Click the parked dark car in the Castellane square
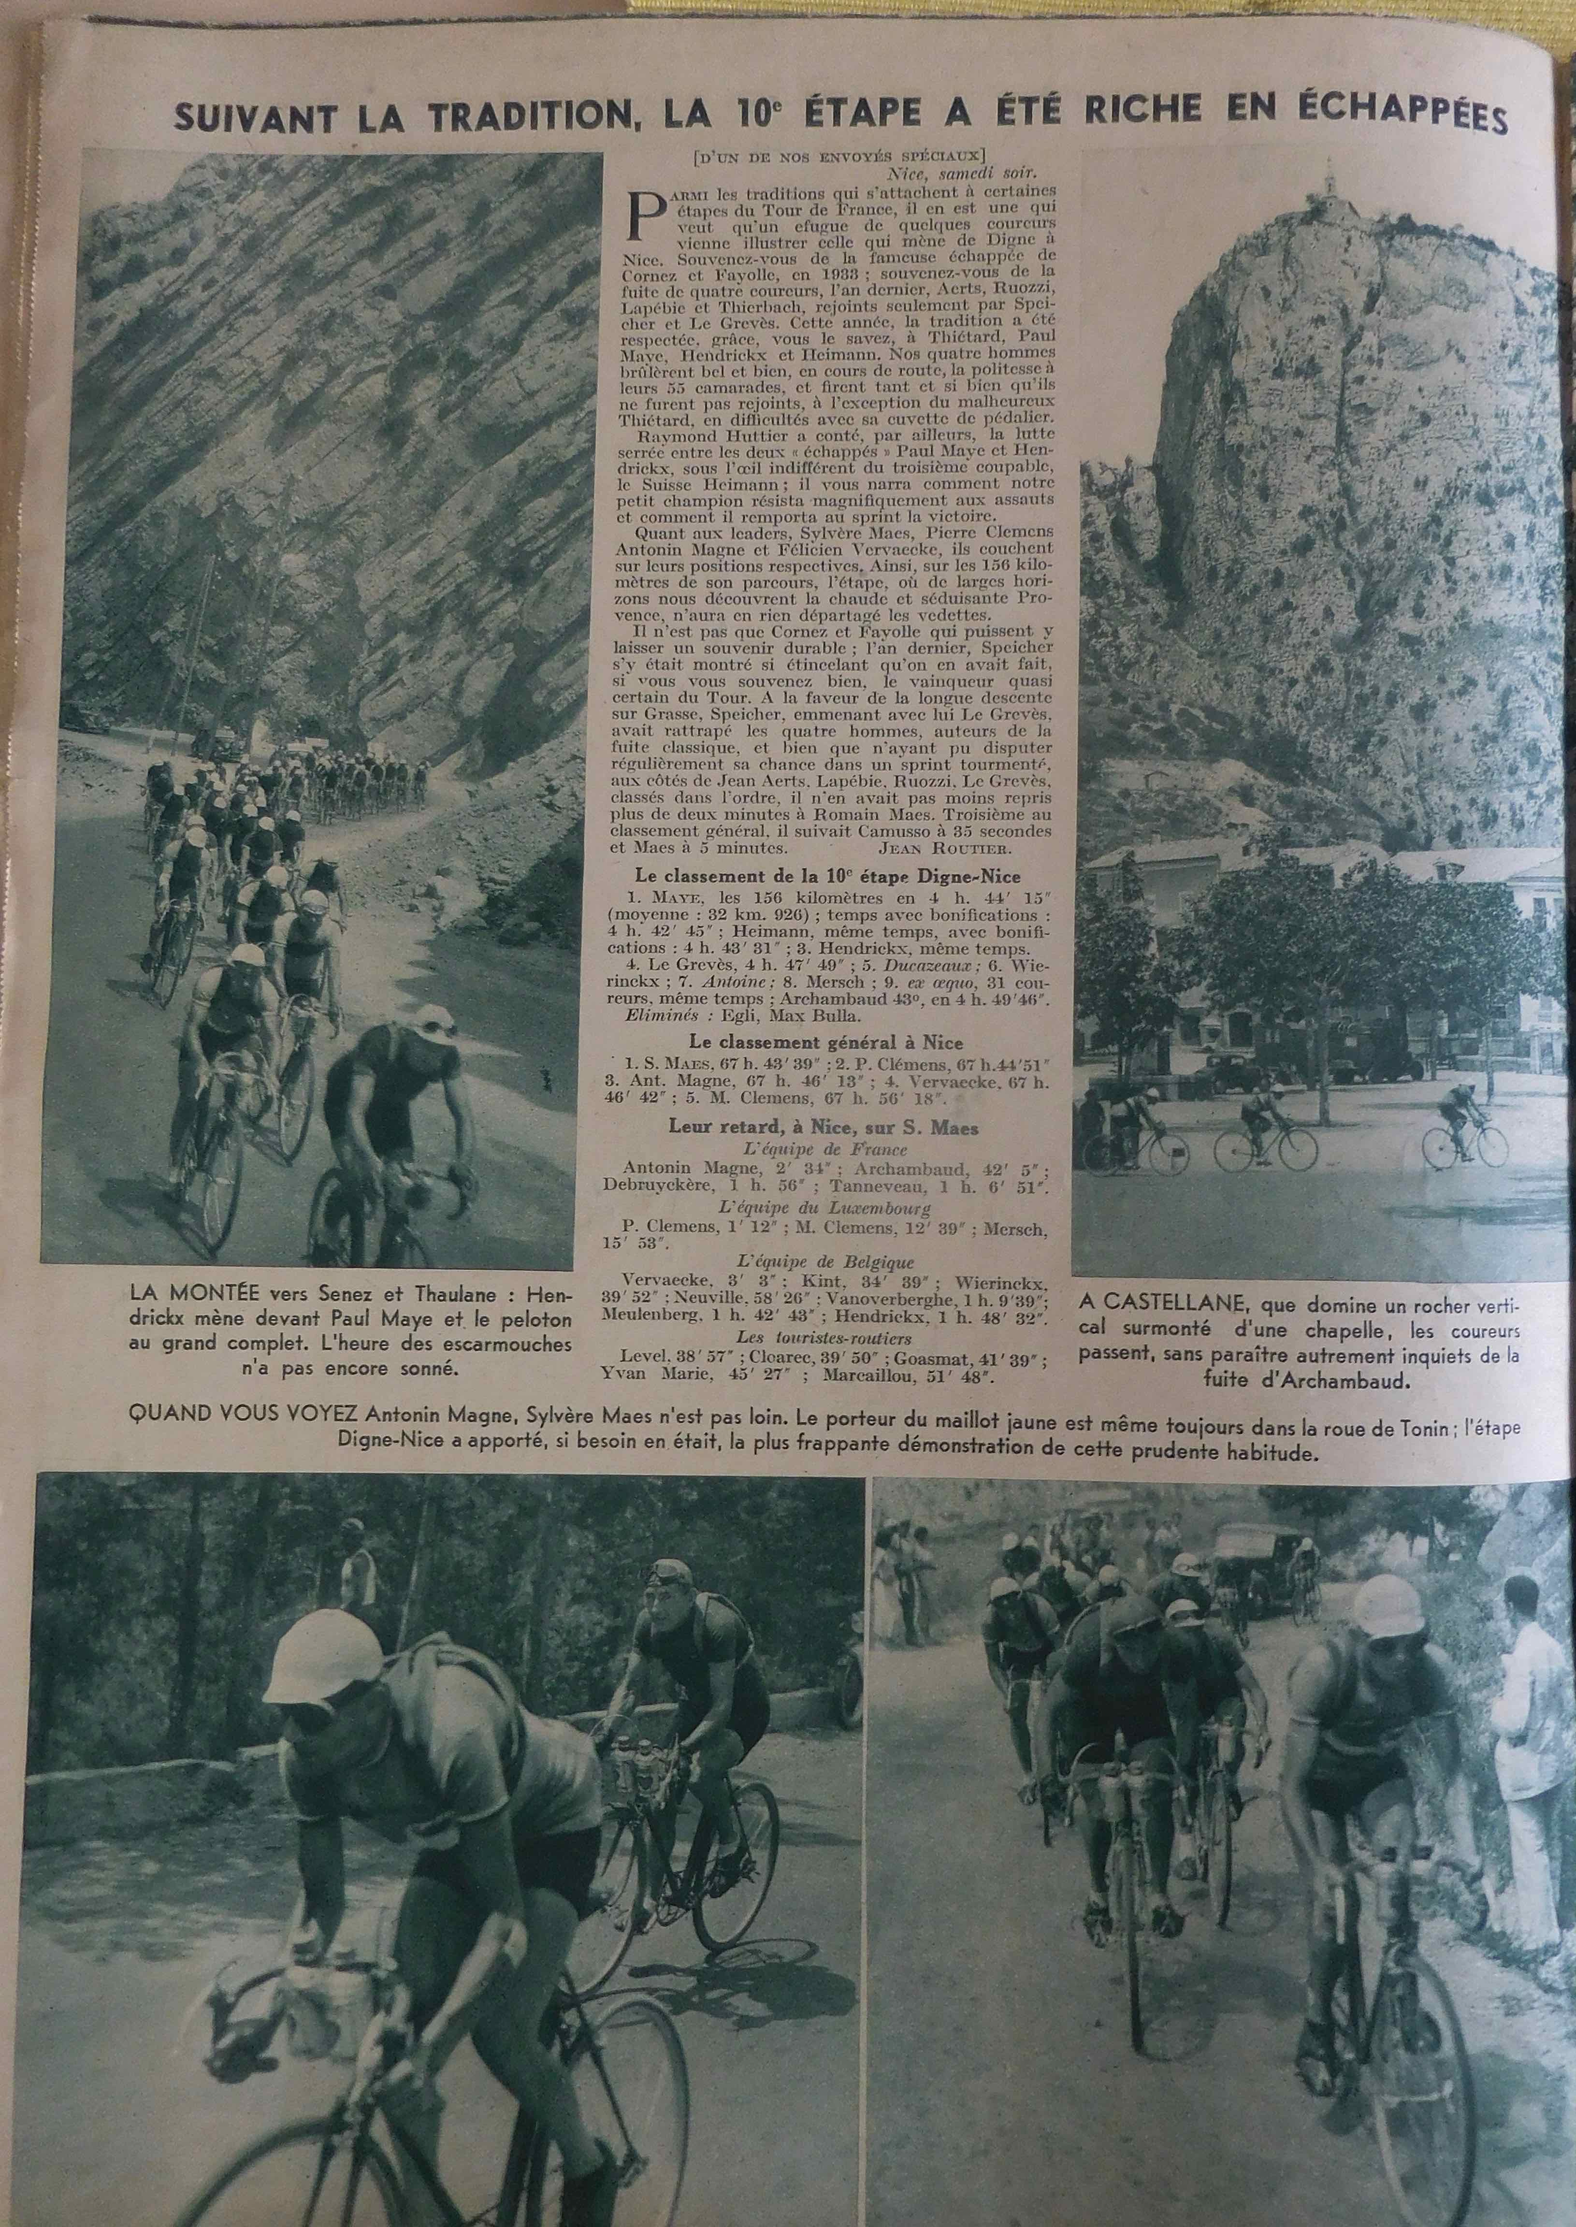click(1228, 1071)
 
